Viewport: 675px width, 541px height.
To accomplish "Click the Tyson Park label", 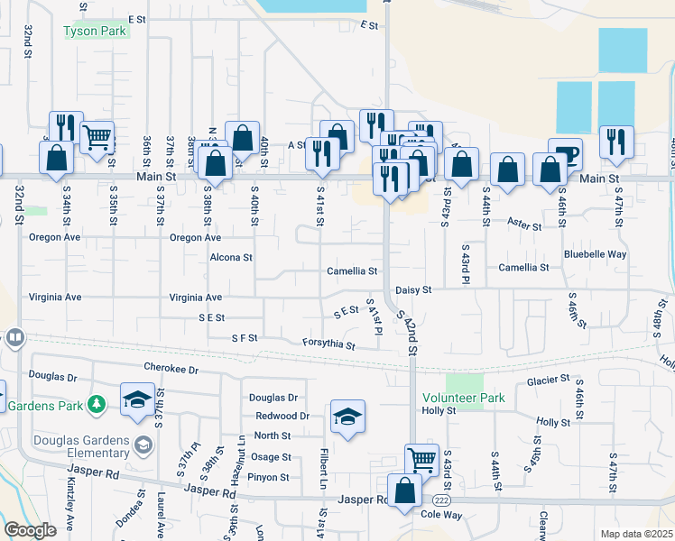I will click(x=95, y=31).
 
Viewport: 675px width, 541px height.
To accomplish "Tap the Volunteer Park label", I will click(x=462, y=397).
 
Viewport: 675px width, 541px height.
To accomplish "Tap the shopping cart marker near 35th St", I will click(x=97, y=138).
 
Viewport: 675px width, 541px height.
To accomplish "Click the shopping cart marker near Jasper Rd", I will click(x=421, y=459).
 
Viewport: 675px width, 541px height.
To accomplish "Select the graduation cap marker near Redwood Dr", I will click(x=347, y=416).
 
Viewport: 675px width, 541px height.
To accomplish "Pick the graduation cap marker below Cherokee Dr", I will click(x=136, y=399).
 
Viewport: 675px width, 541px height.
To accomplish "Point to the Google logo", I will click(x=31, y=530).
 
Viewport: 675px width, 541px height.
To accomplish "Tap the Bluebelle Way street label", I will click(x=596, y=254).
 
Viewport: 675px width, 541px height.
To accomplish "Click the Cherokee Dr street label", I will click(x=170, y=368).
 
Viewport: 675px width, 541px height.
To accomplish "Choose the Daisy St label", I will click(x=413, y=289).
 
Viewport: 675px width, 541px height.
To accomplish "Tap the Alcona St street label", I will click(x=230, y=257).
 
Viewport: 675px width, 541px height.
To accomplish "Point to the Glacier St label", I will click(x=548, y=380).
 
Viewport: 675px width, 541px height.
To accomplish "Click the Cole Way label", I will click(x=441, y=514).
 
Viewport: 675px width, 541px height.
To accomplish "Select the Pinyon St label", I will click(x=270, y=477).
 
